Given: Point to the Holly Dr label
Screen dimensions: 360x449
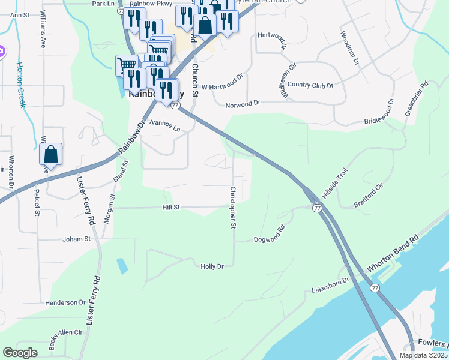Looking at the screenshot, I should [212, 266].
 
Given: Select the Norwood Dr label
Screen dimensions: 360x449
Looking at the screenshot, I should [243, 104].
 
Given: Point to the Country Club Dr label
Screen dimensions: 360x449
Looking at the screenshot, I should [310, 86].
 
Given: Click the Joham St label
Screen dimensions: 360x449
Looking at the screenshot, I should [76, 239].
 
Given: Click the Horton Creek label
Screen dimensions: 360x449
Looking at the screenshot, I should [22, 84].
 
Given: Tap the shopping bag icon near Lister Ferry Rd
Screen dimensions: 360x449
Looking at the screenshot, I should [51, 155].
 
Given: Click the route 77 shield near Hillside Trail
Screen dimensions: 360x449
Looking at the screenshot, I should [316, 208].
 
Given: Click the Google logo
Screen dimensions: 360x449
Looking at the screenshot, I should [20, 353].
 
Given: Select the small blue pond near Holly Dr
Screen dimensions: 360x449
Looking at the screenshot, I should [122, 266].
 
